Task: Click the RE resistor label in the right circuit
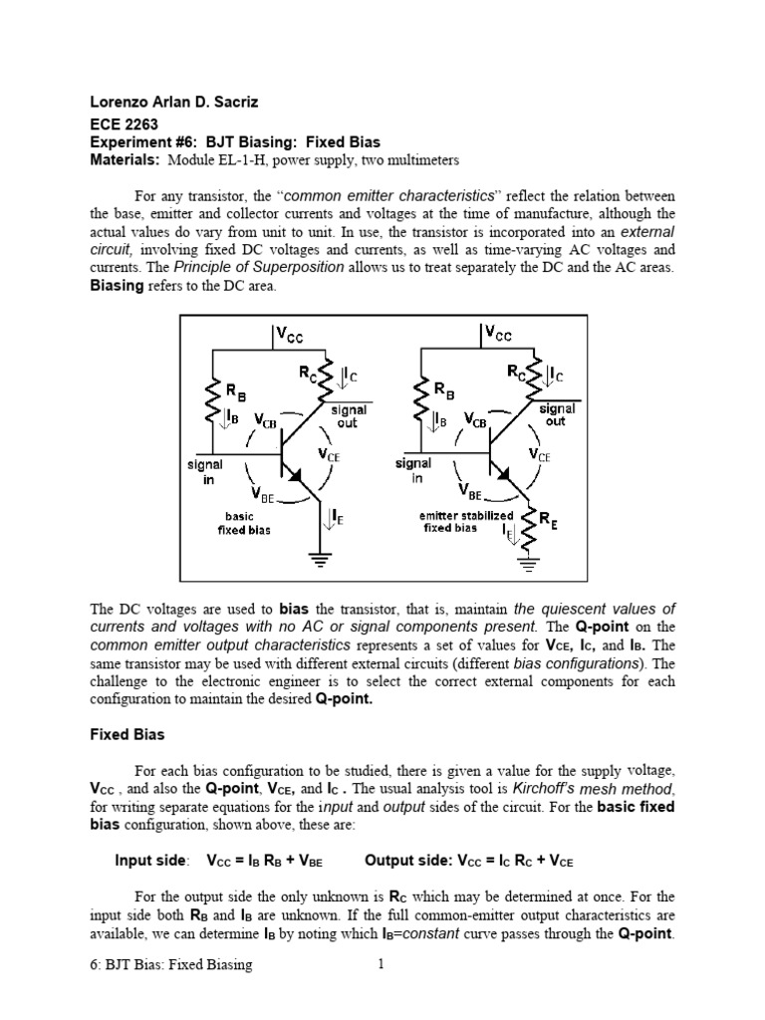(x=548, y=519)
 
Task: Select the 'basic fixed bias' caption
(x=238, y=523)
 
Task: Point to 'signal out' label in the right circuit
(x=556, y=415)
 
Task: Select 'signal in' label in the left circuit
(x=204, y=471)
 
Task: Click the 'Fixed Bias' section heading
(x=127, y=735)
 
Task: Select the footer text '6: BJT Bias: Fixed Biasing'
(x=170, y=964)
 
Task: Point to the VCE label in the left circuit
(x=330, y=454)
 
